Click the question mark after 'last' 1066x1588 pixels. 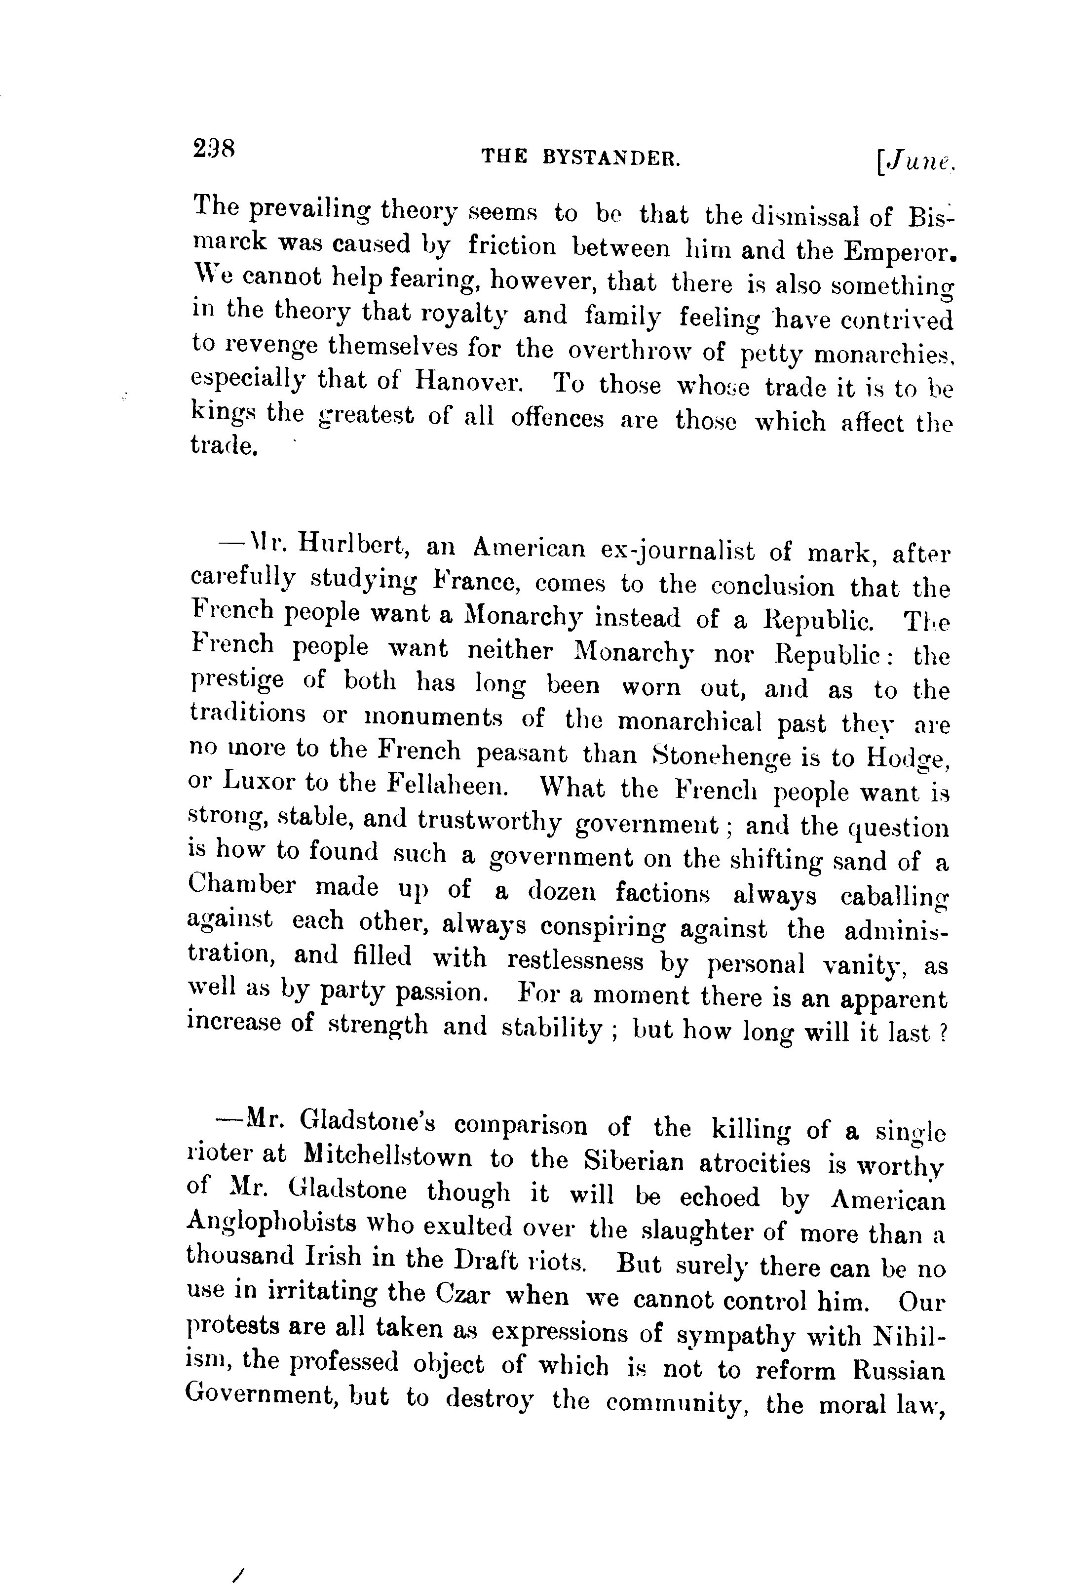[x=942, y=1033]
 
